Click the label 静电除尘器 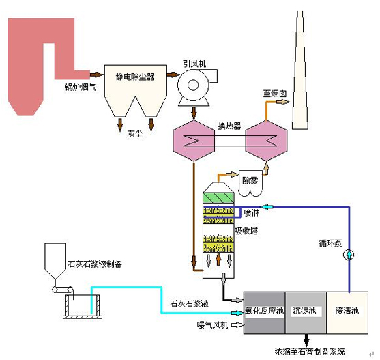(x=135, y=77)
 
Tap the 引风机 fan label (x=194, y=64)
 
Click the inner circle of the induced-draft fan (x=193, y=85)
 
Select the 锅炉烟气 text (x=81, y=87)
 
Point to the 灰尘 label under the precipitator (x=135, y=134)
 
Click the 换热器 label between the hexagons (x=229, y=126)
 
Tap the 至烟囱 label (x=275, y=94)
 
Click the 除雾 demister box (x=250, y=183)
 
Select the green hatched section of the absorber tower (x=218, y=198)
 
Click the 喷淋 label (x=252, y=212)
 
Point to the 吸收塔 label (x=246, y=231)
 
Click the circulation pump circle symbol (x=349, y=255)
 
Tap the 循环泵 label (x=330, y=243)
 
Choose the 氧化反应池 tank (x=265, y=313)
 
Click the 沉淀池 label (x=304, y=311)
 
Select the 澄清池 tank (x=347, y=313)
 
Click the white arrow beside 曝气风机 (x=237, y=325)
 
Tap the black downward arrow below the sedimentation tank (x=306, y=340)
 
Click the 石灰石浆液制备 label (x=95, y=264)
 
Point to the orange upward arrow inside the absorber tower (x=218, y=259)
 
